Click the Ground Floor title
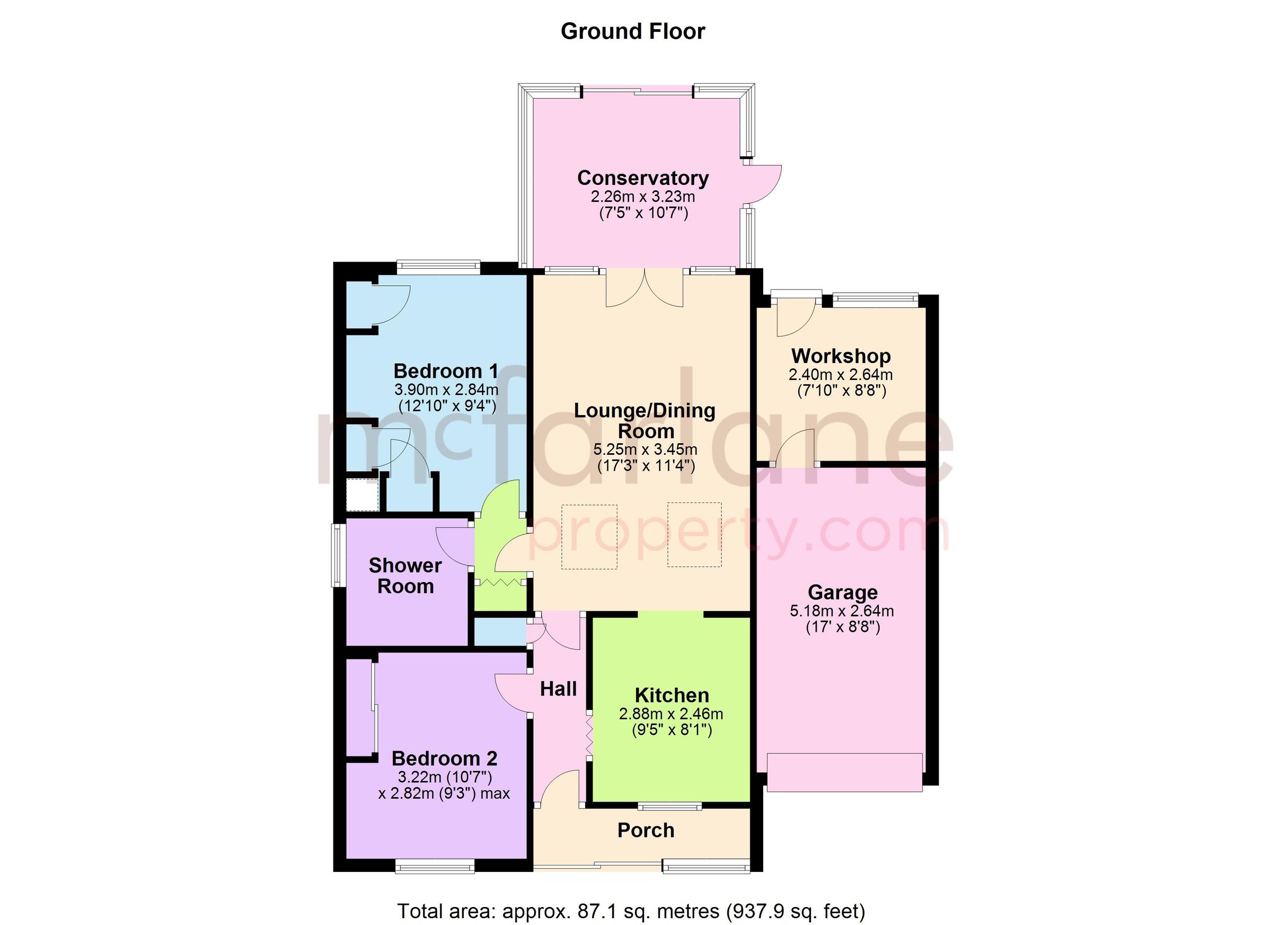pos(633,31)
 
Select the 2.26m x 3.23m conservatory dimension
pos(643,197)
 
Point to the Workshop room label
pos(841,356)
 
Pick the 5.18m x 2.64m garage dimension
pos(842,611)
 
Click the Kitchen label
pos(672,695)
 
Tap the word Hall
pos(558,689)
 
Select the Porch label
pos(646,830)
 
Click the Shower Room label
pos(405,576)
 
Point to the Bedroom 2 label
pos(444,759)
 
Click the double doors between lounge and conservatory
pos(645,288)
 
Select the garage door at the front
pos(844,772)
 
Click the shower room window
pos(337,556)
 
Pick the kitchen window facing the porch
pos(669,807)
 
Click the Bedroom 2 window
pos(435,867)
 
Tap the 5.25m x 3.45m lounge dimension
pos(645,450)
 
